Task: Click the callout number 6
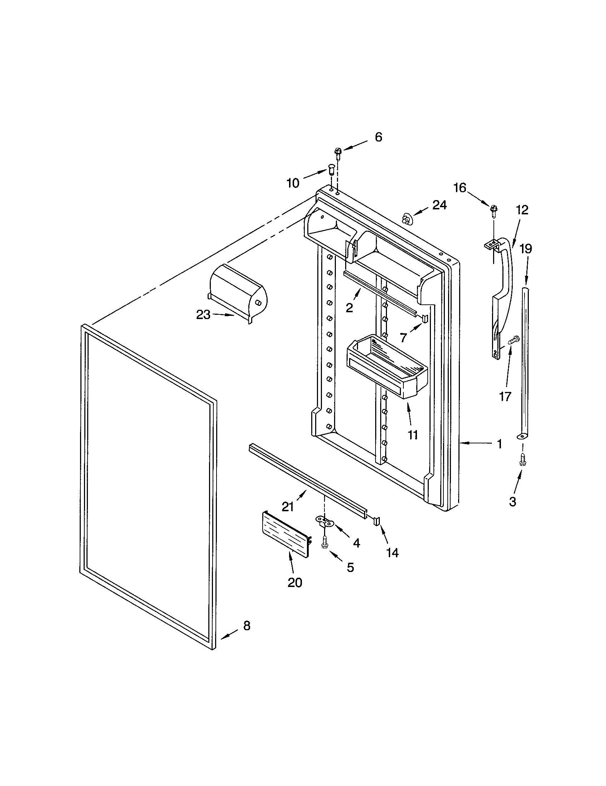[x=378, y=137]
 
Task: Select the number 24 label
[x=439, y=205]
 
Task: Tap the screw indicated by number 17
[x=514, y=339]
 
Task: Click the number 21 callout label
[x=288, y=507]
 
